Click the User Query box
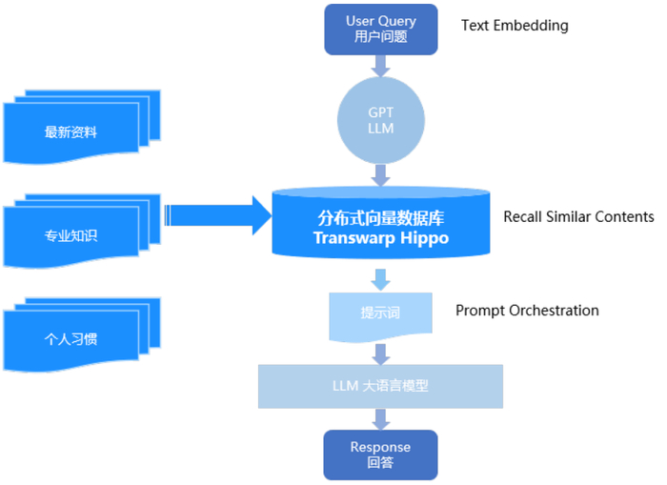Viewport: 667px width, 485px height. click(x=381, y=29)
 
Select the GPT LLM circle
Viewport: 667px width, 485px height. click(x=381, y=120)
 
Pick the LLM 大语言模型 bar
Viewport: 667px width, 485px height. click(x=381, y=386)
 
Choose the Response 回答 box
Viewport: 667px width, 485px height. click(x=381, y=455)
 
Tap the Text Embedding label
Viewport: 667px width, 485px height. click(x=515, y=26)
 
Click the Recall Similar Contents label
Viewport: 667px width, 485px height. click(x=578, y=216)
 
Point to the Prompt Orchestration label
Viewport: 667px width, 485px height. click(x=527, y=311)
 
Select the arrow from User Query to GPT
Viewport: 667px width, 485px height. click(x=381, y=65)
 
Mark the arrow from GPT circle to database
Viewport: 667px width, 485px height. click(x=381, y=174)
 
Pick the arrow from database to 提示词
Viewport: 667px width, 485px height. click(x=381, y=279)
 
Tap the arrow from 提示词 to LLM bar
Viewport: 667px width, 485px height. click(x=381, y=354)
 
